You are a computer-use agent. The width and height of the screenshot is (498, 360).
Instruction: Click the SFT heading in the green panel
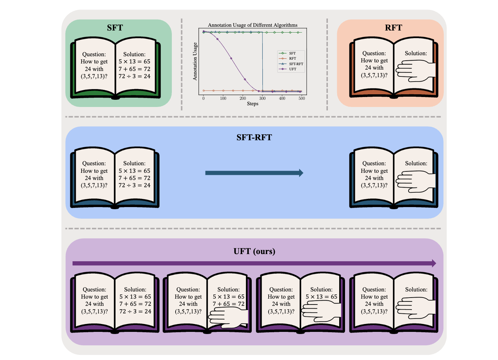115,28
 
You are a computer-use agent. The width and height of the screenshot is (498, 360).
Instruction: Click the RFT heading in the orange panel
393,28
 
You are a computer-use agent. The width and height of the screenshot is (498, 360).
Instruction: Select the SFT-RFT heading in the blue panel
254,137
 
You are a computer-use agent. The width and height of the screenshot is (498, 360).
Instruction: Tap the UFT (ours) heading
254,251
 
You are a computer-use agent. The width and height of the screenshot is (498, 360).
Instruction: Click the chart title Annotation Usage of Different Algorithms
252,25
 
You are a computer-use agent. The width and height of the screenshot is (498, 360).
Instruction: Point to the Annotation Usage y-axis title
195,61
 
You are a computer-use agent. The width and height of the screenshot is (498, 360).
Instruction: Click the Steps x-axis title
252,104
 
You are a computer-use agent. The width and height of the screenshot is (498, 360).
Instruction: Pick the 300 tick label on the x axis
262,98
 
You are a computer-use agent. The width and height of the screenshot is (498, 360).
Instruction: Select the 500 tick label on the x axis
301,98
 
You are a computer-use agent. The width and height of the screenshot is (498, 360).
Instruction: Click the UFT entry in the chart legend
292,69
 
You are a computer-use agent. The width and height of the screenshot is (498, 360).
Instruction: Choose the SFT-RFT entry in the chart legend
296,64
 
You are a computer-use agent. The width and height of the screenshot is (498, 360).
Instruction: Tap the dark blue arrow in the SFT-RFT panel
254,173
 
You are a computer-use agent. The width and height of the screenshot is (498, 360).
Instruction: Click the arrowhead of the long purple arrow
434,263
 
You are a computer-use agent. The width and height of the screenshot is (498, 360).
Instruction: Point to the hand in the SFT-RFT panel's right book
416,181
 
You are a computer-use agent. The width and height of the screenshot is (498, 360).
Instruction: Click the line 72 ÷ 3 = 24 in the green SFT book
134,76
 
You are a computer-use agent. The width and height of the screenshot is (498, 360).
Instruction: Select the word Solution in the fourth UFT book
416,290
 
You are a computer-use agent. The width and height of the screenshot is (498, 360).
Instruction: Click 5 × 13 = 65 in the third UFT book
321,297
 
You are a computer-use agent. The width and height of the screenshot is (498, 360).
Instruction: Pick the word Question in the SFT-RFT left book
94,164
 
